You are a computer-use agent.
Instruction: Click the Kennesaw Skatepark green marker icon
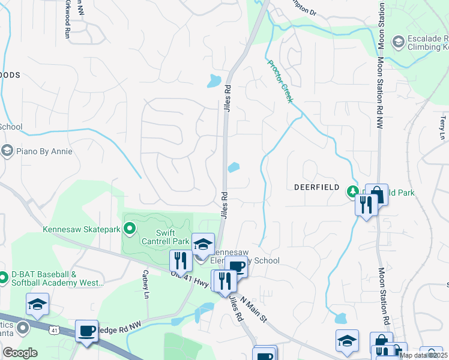coord(128,228)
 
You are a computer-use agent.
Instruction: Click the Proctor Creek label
coord(280,81)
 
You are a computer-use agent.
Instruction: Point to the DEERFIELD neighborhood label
coord(317,187)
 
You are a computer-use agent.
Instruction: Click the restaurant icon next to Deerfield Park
coord(366,204)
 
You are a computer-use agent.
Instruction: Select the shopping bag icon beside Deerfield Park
coord(376,194)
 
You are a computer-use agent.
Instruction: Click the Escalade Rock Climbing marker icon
coord(397,42)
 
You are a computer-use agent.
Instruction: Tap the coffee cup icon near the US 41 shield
coord(86,331)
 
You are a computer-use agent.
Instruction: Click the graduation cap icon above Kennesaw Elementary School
coord(203,244)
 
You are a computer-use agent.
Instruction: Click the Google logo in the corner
coord(20,353)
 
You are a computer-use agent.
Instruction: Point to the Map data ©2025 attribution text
coord(423,355)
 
